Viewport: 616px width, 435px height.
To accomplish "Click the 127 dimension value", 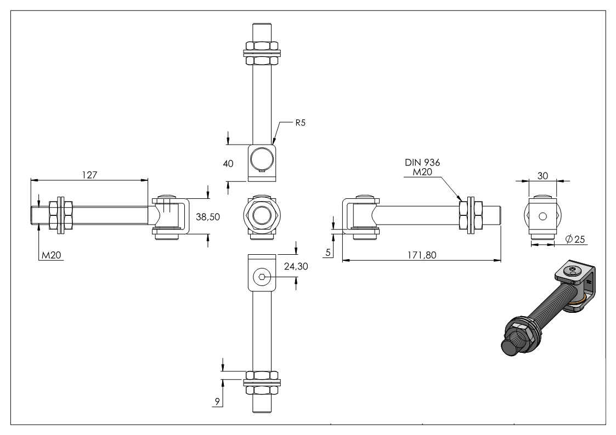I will [89, 175].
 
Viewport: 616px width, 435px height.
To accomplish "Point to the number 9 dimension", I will [217, 402].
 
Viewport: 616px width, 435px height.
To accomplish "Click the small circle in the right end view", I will [542, 216].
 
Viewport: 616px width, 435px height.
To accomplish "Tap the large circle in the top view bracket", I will [261, 159].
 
